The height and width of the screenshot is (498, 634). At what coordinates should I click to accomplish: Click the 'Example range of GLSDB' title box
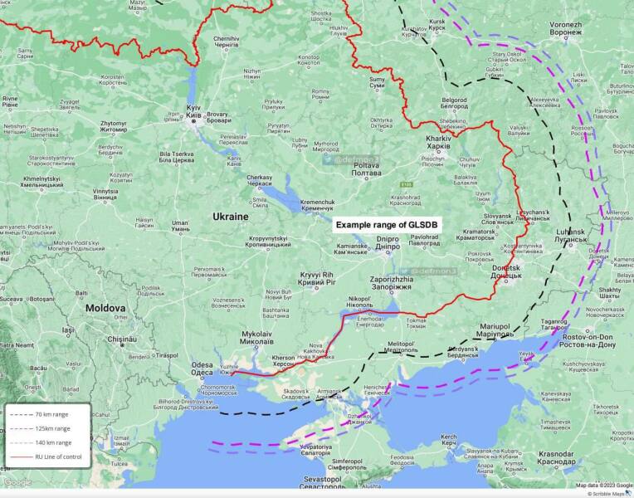pos(388,225)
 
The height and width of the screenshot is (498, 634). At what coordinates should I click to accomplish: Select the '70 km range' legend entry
pos(51,413)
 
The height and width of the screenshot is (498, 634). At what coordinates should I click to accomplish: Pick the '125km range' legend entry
pos(51,428)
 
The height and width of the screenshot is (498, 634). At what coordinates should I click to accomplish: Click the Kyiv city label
pos(193,112)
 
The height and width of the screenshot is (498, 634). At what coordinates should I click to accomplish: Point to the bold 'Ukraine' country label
pos(230,216)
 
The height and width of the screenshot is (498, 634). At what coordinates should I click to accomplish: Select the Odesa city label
pos(202,368)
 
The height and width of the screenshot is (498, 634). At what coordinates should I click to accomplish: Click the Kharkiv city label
pos(437,140)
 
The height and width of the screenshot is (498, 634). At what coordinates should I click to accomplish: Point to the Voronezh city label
pos(565,29)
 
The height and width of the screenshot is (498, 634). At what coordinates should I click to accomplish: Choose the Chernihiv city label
pos(226,42)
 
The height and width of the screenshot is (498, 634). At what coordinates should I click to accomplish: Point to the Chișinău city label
pos(133,342)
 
